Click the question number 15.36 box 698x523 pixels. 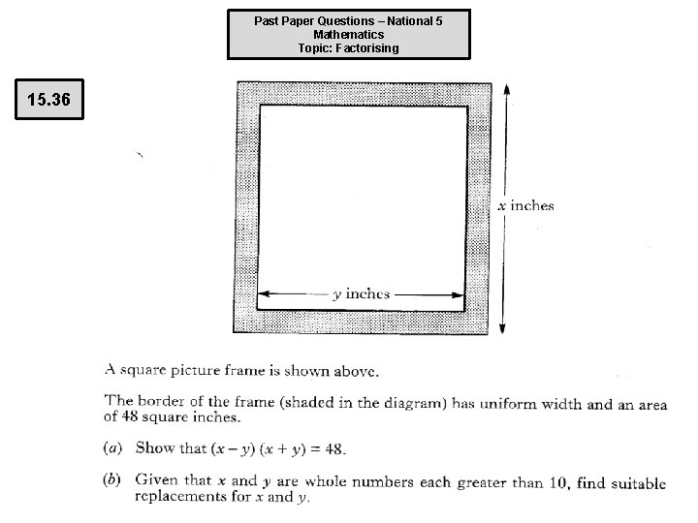tap(48, 100)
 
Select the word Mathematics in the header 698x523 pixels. tap(348, 34)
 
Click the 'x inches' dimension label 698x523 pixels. tap(525, 205)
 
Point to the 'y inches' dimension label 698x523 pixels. tap(361, 294)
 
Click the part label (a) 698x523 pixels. tap(113, 448)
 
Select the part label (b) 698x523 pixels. tap(113, 480)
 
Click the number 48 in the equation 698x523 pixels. tap(334, 448)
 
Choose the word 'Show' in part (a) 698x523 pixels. tap(155, 448)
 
